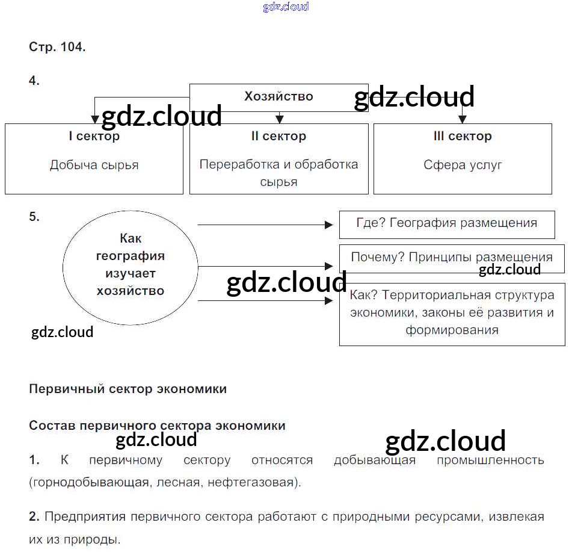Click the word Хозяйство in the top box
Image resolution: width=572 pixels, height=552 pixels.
[x=278, y=96]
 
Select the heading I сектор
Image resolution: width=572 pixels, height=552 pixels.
[x=94, y=137]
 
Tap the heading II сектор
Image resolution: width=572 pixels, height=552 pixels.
[x=278, y=137]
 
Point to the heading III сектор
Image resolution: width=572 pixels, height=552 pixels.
[x=463, y=137]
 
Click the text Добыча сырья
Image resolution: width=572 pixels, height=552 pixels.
[x=94, y=165]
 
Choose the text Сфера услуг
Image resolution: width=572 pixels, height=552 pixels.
[x=463, y=165]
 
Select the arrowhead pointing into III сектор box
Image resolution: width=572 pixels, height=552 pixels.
[x=462, y=119]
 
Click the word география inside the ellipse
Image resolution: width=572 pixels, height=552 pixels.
[x=130, y=256]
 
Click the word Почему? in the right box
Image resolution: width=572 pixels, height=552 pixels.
[x=377, y=258]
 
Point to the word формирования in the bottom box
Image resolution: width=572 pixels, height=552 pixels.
[x=452, y=330]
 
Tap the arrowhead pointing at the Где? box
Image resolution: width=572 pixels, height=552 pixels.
[x=328, y=225]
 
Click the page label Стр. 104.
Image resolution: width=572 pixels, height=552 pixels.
[x=57, y=47]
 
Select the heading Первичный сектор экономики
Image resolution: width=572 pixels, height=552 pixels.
[x=128, y=389]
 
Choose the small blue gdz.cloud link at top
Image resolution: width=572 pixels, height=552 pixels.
[x=286, y=7]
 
